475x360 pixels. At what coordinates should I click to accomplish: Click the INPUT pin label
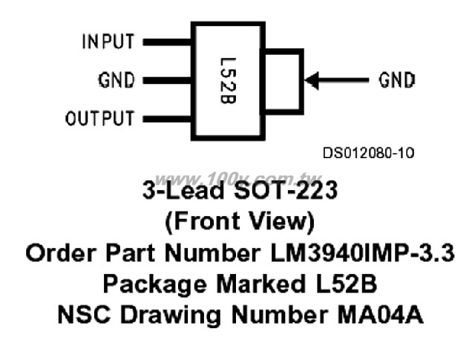pyautogui.click(x=108, y=42)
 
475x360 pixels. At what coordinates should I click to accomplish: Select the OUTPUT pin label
pyautogui.click(x=99, y=118)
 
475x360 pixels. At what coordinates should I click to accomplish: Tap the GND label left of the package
pyautogui.click(x=117, y=80)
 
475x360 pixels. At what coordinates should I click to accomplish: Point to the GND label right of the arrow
pyautogui.click(x=396, y=80)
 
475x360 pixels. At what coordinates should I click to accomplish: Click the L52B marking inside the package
pyautogui.click(x=228, y=81)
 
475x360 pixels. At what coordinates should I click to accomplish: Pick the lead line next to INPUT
pyautogui.click(x=167, y=42)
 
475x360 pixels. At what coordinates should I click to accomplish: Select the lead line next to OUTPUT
pyautogui.click(x=167, y=119)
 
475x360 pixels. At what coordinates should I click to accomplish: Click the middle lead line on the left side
pyautogui.click(x=167, y=80)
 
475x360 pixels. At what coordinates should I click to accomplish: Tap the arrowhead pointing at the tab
pyautogui.click(x=312, y=81)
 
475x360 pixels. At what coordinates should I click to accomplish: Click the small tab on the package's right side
pyautogui.click(x=303, y=81)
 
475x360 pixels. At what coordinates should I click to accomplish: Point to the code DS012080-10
pyautogui.click(x=368, y=153)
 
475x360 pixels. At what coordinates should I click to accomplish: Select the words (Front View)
pyautogui.click(x=240, y=222)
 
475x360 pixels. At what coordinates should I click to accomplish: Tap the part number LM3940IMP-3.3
pyautogui.click(x=362, y=252)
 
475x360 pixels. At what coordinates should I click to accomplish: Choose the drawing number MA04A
pyautogui.click(x=380, y=315)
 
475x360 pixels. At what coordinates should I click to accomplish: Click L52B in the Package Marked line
pyautogui.click(x=347, y=284)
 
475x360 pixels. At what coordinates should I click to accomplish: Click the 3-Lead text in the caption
pyautogui.click(x=183, y=190)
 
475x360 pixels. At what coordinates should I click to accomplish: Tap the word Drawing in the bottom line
pyautogui.click(x=171, y=315)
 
